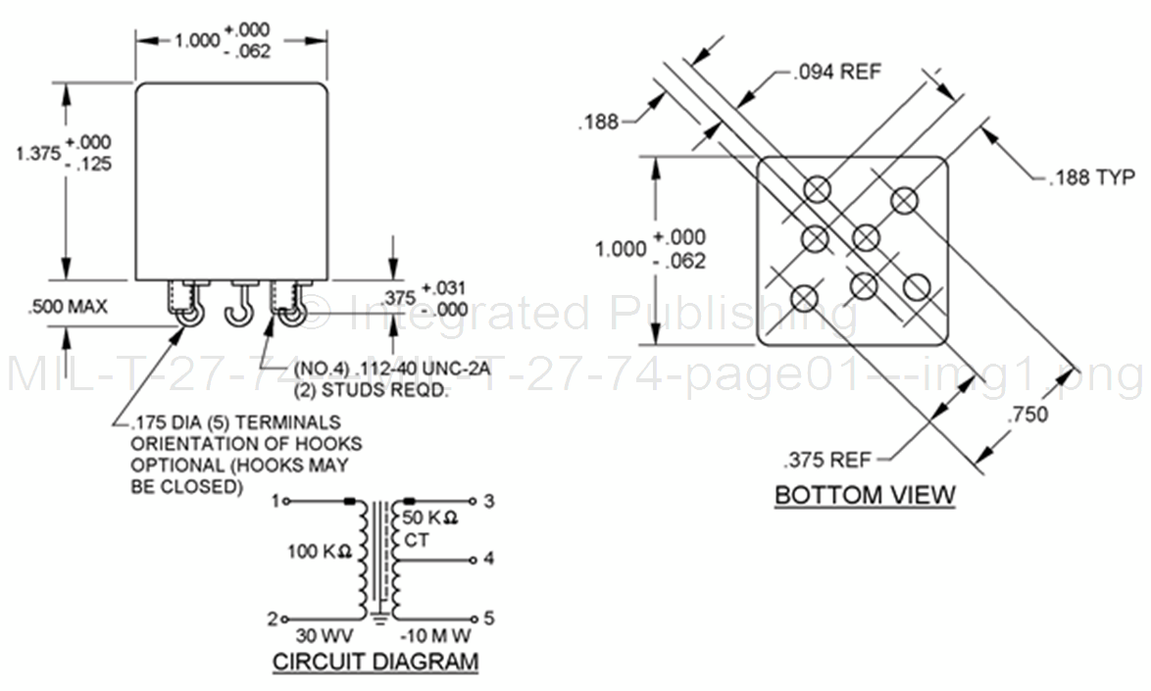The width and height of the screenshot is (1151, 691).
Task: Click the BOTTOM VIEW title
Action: point(865,494)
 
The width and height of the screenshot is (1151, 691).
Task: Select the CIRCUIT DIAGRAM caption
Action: point(375,662)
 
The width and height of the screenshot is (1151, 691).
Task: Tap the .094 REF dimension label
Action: point(837,72)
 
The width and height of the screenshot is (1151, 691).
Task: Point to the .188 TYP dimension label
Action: point(1091,178)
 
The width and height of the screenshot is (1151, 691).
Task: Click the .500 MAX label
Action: point(68,307)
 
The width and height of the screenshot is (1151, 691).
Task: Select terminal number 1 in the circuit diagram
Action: point(274,501)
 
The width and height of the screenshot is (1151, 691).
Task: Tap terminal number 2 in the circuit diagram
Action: point(274,618)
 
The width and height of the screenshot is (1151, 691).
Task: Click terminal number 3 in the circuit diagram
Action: point(488,501)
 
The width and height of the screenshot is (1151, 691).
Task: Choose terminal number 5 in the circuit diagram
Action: point(488,618)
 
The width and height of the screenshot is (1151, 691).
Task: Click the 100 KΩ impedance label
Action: point(320,552)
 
